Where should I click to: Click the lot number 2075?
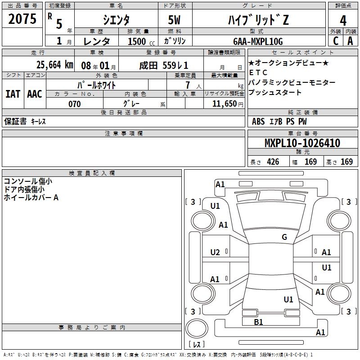point(22,19)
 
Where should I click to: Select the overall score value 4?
point(343,20)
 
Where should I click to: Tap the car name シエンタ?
point(116,20)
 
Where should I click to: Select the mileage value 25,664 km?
point(51,64)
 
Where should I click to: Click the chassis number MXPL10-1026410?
point(302,143)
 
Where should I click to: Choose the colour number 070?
point(74,104)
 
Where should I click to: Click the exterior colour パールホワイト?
point(96,85)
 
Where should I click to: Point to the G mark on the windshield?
point(284,237)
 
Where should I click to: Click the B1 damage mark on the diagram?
point(258,322)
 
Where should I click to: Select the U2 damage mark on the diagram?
point(215,252)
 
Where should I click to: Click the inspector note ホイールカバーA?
point(31,197)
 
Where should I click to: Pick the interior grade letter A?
point(350,41)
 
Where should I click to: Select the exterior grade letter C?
point(336,41)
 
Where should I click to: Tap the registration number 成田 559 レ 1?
point(163,64)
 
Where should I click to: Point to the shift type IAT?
point(13,94)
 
